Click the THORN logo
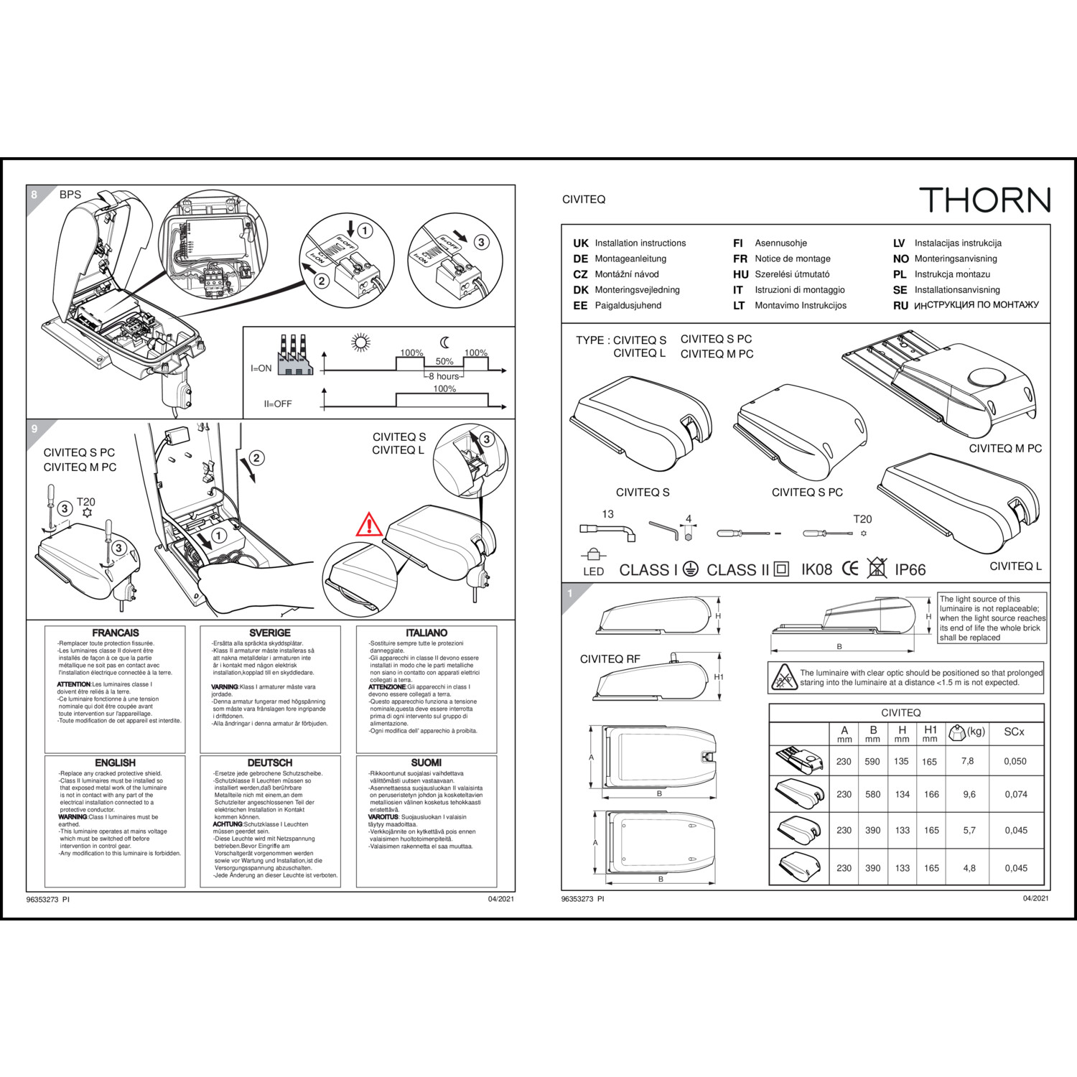pyautogui.click(x=984, y=200)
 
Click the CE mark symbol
pyautogui.click(x=850, y=569)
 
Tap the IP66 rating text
pyautogui.click(x=910, y=570)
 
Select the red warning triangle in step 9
pyautogui.click(x=369, y=526)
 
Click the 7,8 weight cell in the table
pyautogui.click(x=967, y=761)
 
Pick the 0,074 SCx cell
pyautogui.click(x=1015, y=794)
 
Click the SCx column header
pyautogui.click(x=1014, y=732)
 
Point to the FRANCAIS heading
pyautogui.click(x=116, y=633)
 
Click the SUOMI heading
pyautogui.click(x=426, y=763)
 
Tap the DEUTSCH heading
pyautogui.click(x=270, y=763)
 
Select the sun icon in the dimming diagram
pyautogui.click(x=360, y=342)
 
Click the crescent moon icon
pyautogui.click(x=445, y=342)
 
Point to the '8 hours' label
pyautogui.click(x=444, y=376)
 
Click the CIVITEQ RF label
pyautogui.click(x=610, y=659)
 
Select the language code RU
pyautogui.click(x=900, y=306)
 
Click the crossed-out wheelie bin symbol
pyautogui.click(x=877, y=568)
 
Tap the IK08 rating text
pyautogui.click(x=816, y=570)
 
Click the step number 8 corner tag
pyautogui.click(x=34, y=195)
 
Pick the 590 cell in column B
pyautogui.click(x=872, y=762)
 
